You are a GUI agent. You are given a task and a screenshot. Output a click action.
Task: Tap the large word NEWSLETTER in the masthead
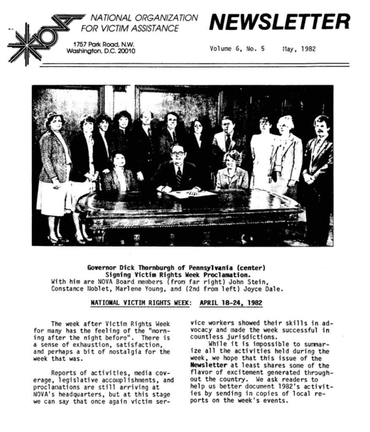tap(279, 22)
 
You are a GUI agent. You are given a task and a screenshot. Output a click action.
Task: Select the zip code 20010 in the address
tap(125, 52)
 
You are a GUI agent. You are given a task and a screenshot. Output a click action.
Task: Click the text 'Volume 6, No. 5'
tap(237, 49)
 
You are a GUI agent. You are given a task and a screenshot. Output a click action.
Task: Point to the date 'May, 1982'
tap(299, 49)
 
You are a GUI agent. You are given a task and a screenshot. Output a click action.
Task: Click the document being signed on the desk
tap(192, 194)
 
